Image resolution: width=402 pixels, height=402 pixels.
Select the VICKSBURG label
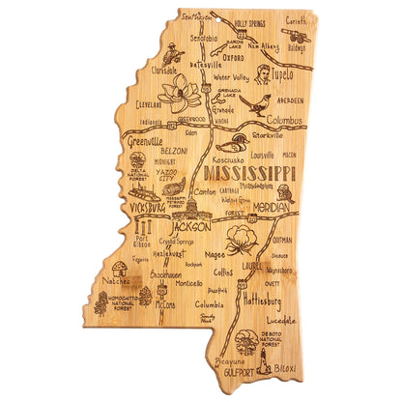[x=145, y=206]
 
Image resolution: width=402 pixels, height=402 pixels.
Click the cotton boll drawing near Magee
[x=239, y=239]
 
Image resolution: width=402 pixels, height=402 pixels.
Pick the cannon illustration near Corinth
[x=295, y=39]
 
